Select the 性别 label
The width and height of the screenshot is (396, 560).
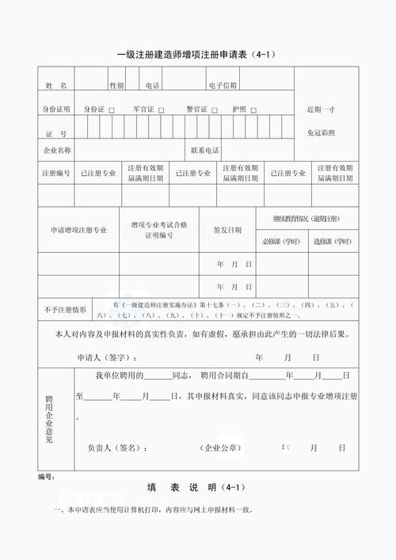point(116,85)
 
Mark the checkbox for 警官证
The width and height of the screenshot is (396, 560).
point(214,110)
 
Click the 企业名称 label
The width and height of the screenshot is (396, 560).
point(56,150)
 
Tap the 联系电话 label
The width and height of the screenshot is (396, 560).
point(204,150)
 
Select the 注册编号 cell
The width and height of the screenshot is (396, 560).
point(56,173)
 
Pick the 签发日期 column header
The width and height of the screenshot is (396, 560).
point(227,230)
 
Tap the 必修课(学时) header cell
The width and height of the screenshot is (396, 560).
point(280,240)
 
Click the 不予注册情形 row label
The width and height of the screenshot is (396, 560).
point(65,309)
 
